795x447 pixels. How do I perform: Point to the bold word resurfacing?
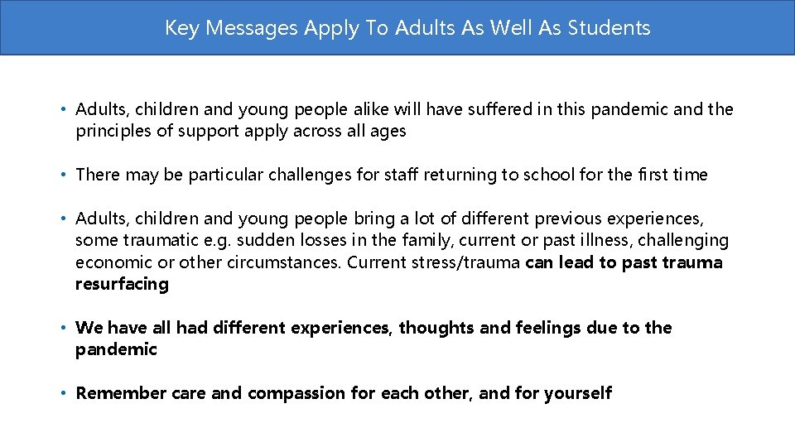click(122, 284)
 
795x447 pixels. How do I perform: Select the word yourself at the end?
click(577, 393)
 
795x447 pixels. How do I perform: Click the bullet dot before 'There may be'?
click(64, 175)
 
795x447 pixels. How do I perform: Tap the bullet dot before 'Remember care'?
click(64, 394)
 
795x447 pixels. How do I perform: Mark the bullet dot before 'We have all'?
click(64, 329)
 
